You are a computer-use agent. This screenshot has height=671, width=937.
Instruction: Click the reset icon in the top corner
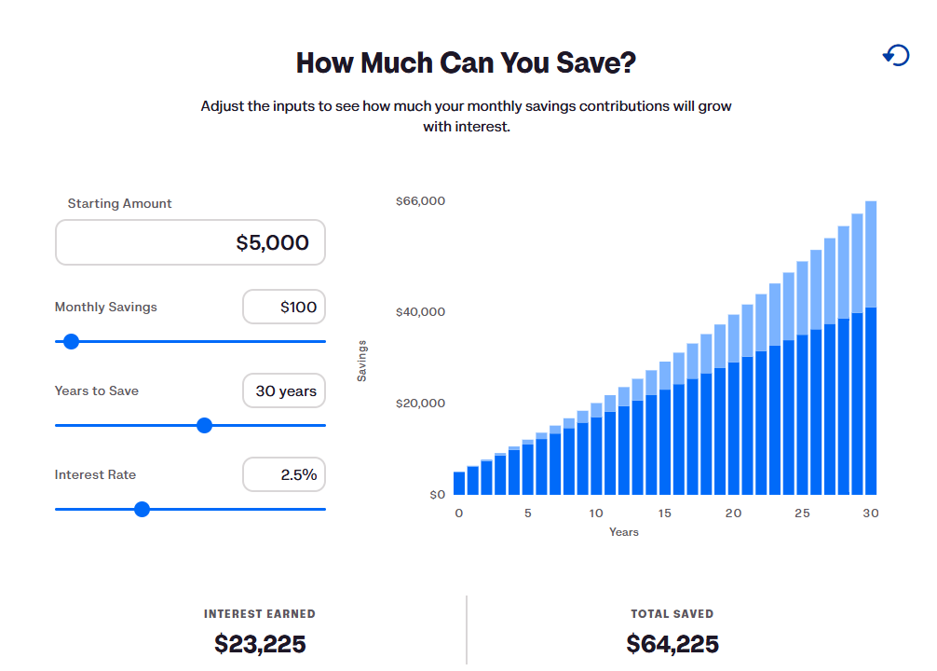coord(896,56)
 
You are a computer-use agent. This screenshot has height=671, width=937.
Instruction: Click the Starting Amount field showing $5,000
coord(190,242)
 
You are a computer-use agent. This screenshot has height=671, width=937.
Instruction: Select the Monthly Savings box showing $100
coord(284,307)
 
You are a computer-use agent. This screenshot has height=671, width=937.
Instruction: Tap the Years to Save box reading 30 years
coord(284,390)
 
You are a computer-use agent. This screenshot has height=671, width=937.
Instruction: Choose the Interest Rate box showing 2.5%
coord(284,474)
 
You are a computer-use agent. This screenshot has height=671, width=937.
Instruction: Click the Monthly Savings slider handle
coord(71,341)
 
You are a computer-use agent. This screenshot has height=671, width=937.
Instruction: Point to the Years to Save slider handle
coord(205,425)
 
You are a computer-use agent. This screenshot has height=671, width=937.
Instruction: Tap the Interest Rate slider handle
coord(142,509)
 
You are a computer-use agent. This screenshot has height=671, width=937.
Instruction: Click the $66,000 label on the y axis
coord(420,201)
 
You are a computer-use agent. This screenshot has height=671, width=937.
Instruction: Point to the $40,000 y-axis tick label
coord(420,311)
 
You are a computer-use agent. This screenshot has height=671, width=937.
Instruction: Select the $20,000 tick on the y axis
coord(420,404)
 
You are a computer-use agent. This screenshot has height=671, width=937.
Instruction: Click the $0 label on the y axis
coord(437,495)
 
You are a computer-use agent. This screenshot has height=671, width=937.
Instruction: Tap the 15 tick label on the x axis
coord(665,514)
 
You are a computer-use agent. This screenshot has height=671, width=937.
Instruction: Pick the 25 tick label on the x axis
coord(802,514)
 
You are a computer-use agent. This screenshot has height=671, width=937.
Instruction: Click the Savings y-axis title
coord(362,360)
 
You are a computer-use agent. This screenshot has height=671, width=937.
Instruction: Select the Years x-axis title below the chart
coord(624,532)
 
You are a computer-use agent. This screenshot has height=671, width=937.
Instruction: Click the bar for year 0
coord(459,483)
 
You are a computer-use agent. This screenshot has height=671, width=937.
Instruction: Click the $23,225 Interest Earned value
coord(260,644)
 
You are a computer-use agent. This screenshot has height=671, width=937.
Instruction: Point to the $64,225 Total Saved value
coord(672,644)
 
